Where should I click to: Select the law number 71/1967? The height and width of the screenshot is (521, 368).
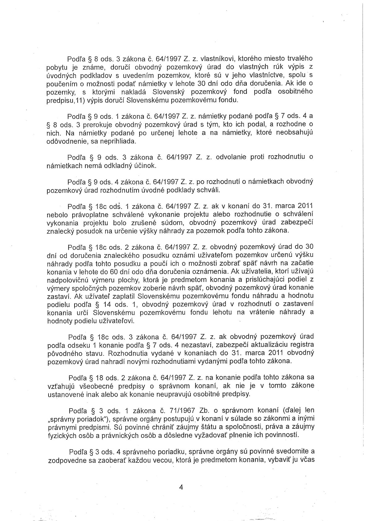point(182,410)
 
